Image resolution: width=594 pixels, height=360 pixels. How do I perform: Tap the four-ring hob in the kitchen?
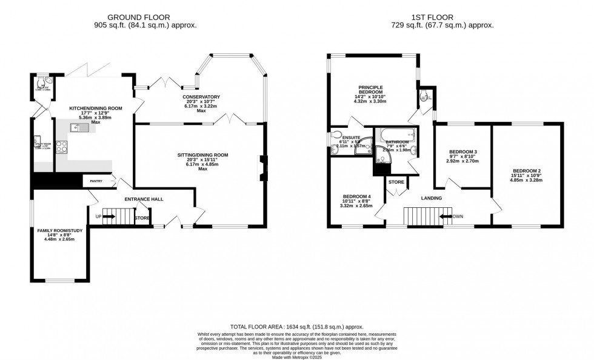coord(61,145)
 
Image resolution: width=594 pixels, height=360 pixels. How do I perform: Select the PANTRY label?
coord(95,181)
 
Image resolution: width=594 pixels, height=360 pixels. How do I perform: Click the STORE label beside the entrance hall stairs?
coord(142,218)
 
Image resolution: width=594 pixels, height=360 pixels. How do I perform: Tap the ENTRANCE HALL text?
coord(144,199)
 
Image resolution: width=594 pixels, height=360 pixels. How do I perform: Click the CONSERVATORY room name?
coord(201,97)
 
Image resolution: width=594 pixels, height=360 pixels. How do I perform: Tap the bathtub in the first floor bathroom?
coord(394,136)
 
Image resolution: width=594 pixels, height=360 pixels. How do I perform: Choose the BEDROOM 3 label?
coord(462,152)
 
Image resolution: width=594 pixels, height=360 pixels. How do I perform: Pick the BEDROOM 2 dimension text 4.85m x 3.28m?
coord(527,179)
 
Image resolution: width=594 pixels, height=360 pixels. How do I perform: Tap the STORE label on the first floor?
coord(396,182)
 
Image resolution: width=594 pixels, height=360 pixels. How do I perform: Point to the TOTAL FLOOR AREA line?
coord(296,327)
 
